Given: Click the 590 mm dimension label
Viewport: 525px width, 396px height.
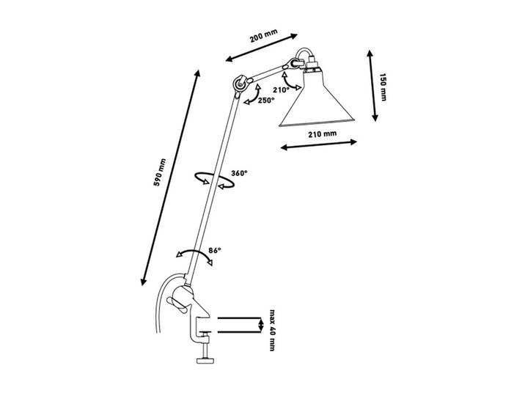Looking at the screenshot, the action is tap(160, 172).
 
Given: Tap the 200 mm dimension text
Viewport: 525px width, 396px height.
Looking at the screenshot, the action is tap(264, 36).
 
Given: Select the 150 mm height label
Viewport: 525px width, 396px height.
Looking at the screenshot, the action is tap(383, 87).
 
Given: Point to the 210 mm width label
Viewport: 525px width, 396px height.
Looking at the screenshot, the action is tap(322, 134).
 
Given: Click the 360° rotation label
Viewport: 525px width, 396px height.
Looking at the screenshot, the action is tap(239, 173).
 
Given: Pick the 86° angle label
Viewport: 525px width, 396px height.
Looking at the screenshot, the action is tap(215, 250).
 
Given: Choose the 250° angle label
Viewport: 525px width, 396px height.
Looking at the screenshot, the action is tap(266, 100).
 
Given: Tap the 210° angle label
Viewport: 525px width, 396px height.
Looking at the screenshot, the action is tap(281, 89).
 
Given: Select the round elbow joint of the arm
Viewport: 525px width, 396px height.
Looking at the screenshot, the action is tap(240, 84).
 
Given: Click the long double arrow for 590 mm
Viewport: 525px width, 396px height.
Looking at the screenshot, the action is tap(171, 177).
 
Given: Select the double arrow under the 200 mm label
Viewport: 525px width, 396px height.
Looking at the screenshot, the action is tap(262, 48).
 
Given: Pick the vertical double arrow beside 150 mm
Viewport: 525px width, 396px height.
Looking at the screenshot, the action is tap(372, 85).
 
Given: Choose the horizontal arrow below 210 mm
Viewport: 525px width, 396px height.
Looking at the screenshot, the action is tap(319, 144).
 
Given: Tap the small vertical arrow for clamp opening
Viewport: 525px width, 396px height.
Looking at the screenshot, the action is tap(262, 325).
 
